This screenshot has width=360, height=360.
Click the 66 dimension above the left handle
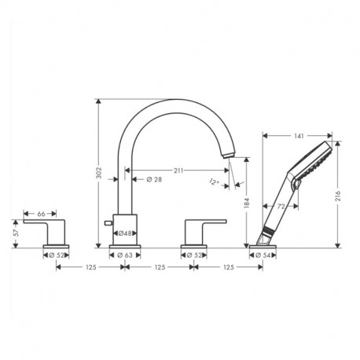[42, 213]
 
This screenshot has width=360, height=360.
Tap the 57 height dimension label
[16, 233]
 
